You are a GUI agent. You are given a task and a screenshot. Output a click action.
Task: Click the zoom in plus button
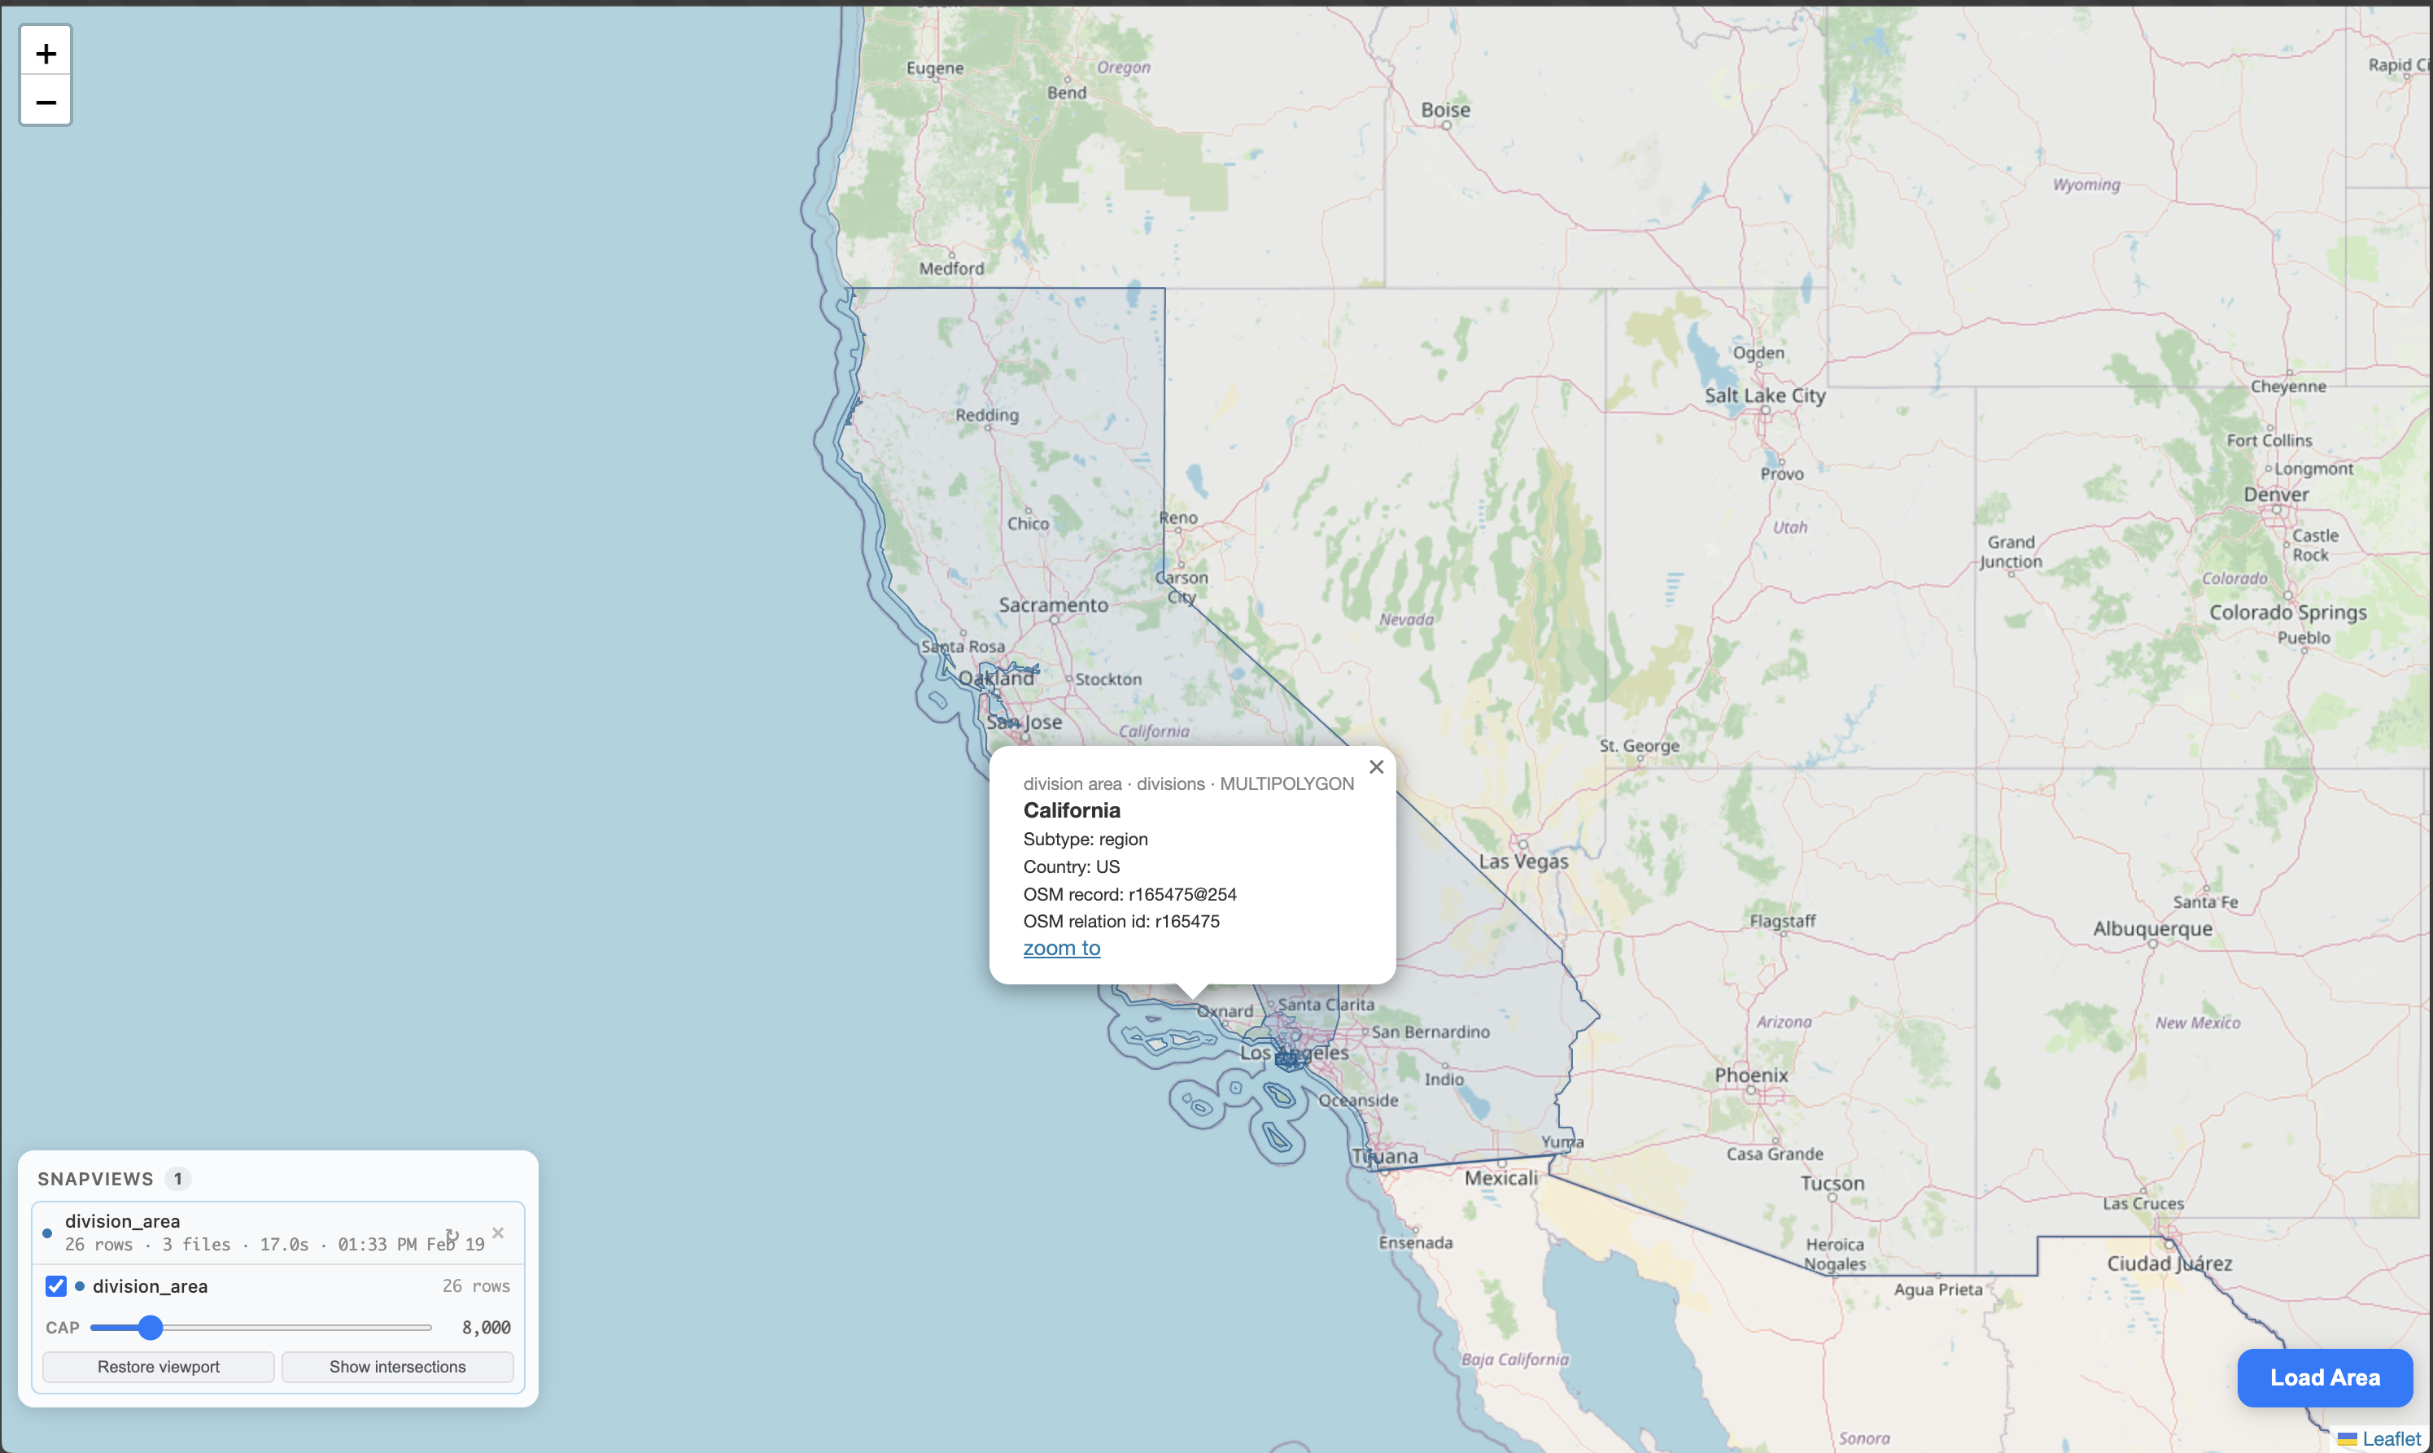pyautogui.click(x=46, y=54)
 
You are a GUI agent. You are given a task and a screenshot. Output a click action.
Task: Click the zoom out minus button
pyautogui.click(x=46, y=102)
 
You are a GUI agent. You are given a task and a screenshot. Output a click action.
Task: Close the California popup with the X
pyautogui.click(x=1376, y=766)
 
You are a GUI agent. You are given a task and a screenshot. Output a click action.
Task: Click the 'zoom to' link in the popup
pyautogui.click(x=1061, y=948)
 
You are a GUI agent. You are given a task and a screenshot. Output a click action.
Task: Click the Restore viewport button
pyautogui.click(x=158, y=1366)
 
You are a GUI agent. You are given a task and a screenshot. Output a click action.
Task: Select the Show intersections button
pyautogui.click(x=398, y=1366)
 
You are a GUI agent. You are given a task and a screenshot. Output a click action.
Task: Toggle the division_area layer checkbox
pyautogui.click(x=56, y=1285)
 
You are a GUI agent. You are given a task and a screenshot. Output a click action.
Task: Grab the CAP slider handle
pyautogui.click(x=150, y=1328)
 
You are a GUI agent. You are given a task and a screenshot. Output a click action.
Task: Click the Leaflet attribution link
pyautogui.click(x=2391, y=1438)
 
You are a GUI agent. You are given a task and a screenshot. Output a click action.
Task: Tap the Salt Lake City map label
pyautogui.click(x=1764, y=395)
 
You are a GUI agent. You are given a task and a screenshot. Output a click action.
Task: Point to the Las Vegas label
pyautogui.click(x=1523, y=862)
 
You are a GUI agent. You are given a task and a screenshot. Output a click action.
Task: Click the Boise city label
pyautogui.click(x=1445, y=110)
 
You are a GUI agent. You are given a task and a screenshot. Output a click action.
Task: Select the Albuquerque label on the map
pyautogui.click(x=2152, y=928)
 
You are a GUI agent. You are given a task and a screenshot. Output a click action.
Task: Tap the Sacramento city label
pyautogui.click(x=1054, y=605)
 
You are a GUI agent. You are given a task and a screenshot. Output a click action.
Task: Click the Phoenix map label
pyautogui.click(x=1750, y=1075)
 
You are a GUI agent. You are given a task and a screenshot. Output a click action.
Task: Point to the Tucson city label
pyautogui.click(x=1832, y=1183)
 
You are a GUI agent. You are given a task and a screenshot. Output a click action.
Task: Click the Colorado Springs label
pyautogui.click(x=2287, y=612)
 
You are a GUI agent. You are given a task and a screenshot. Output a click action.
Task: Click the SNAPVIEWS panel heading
pyautogui.click(x=95, y=1178)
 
